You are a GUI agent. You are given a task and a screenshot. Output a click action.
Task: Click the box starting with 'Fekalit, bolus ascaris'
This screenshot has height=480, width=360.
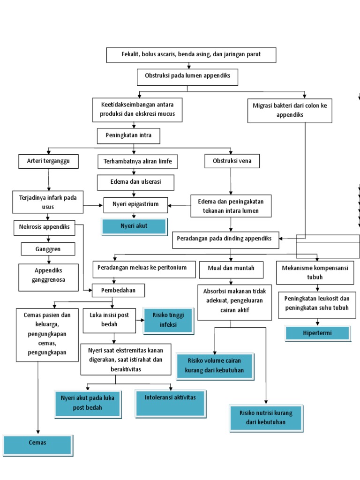pos(191,55)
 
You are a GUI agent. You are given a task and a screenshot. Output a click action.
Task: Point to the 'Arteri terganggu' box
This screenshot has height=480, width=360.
pos(48,162)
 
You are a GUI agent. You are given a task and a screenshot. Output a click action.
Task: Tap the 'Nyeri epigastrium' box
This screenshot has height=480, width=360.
pos(135,204)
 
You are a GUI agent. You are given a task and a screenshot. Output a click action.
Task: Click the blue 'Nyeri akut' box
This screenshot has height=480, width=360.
pos(134,226)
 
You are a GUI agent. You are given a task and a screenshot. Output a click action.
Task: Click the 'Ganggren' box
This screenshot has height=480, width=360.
pos(48,249)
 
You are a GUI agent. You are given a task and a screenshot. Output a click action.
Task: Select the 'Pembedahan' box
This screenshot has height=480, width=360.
pos(118,291)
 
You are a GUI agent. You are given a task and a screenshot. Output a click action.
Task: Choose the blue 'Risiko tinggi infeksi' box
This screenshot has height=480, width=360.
pos(168,321)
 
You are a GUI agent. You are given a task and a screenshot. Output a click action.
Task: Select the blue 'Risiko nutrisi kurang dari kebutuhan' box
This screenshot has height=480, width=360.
pos(266,418)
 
